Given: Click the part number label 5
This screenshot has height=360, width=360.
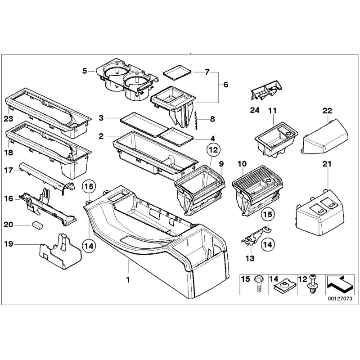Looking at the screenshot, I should click(x=84, y=71).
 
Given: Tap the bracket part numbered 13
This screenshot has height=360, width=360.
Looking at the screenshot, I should click(x=254, y=236).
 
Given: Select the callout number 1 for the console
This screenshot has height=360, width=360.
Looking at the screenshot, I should click(x=128, y=279).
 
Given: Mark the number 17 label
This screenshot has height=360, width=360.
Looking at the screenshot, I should click(x=9, y=170).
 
